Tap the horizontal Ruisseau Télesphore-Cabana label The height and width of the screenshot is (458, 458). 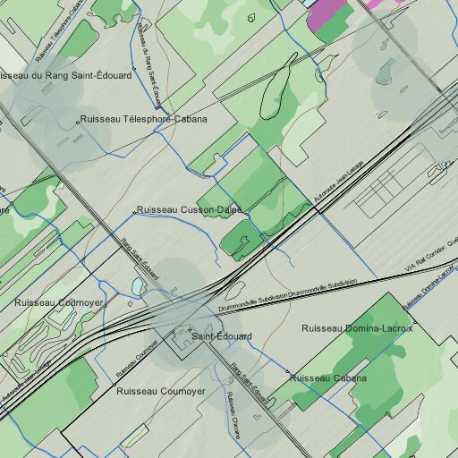pyautogui.click(x=143, y=119)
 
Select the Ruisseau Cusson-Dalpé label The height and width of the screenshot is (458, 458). pyautogui.click(x=189, y=209)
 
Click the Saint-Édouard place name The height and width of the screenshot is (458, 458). pyautogui.click(x=222, y=336)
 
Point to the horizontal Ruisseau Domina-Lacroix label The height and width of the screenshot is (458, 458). pyautogui.click(x=357, y=328)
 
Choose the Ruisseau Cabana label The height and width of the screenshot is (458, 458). pyautogui.click(x=328, y=378)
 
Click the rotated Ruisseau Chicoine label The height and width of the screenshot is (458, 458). pyautogui.click(x=233, y=415)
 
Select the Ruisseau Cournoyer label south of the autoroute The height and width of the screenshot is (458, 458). pyautogui.click(x=161, y=392)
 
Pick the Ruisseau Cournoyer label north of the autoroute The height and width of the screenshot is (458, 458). pyautogui.click(x=59, y=303)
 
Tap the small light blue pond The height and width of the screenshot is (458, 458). pyautogui.click(x=137, y=286)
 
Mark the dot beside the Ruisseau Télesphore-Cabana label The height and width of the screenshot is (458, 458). pyautogui.click(x=75, y=119)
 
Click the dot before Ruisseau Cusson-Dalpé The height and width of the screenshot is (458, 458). pyautogui.click(x=135, y=212)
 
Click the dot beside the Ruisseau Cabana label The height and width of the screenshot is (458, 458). pyautogui.click(x=288, y=371)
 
